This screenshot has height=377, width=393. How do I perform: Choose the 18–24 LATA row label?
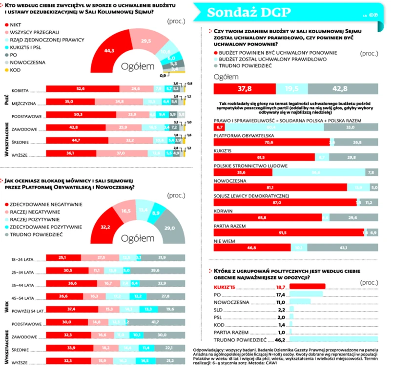[x=26, y=257]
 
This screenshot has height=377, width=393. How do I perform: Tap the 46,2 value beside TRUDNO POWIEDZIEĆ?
[x=279, y=339]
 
